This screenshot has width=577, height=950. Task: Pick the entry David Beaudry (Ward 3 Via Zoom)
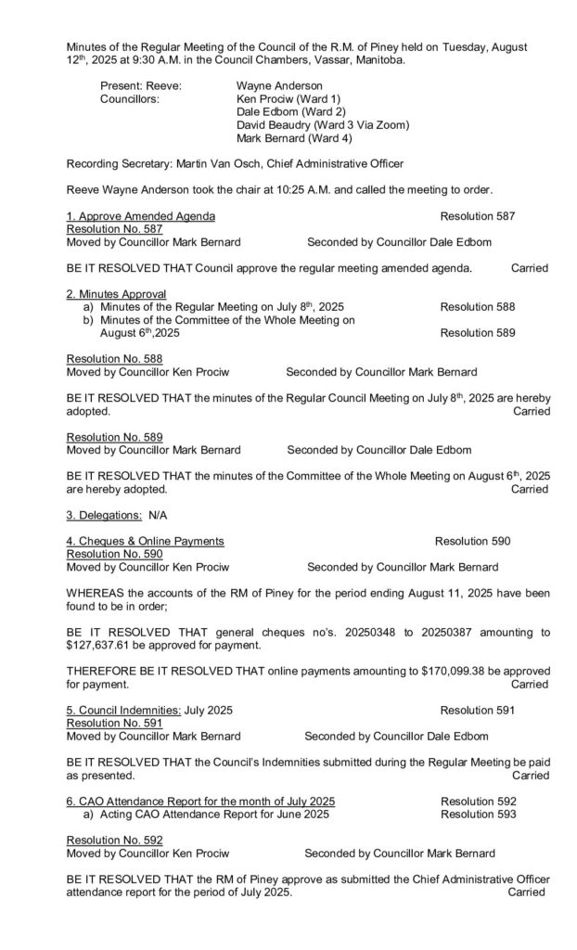coord(323,124)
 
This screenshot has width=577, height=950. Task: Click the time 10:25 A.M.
coord(292,189)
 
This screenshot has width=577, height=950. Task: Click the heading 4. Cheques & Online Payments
coord(145,541)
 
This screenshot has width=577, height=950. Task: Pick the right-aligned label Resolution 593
coord(478,814)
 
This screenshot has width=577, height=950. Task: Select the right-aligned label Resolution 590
coord(472,541)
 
